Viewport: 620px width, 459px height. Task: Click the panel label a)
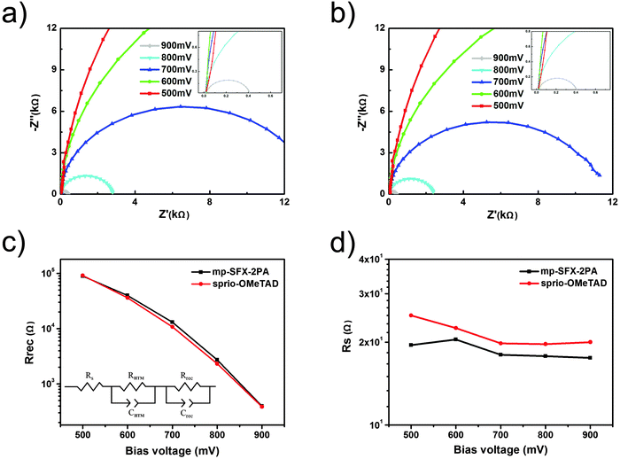(x=16, y=15)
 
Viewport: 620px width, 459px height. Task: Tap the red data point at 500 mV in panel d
(x=411, y=315)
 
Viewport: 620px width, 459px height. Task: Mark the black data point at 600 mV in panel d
(x=456, y=339)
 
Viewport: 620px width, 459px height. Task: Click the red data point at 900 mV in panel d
(x=589, y=342)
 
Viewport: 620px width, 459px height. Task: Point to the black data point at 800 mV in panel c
(x=216, y=360)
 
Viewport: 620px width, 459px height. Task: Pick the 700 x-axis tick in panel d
(x=500, y=434)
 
